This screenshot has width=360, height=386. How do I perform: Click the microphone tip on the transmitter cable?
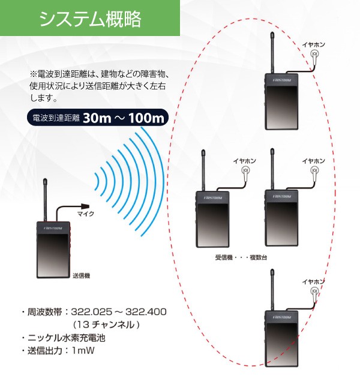(x=88, y=204)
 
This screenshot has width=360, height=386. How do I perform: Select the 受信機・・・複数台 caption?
(x=241, y=257)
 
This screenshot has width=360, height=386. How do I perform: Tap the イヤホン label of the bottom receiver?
(x=313, y=281)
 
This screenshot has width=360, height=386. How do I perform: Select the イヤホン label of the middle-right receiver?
(x=313, y=161)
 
